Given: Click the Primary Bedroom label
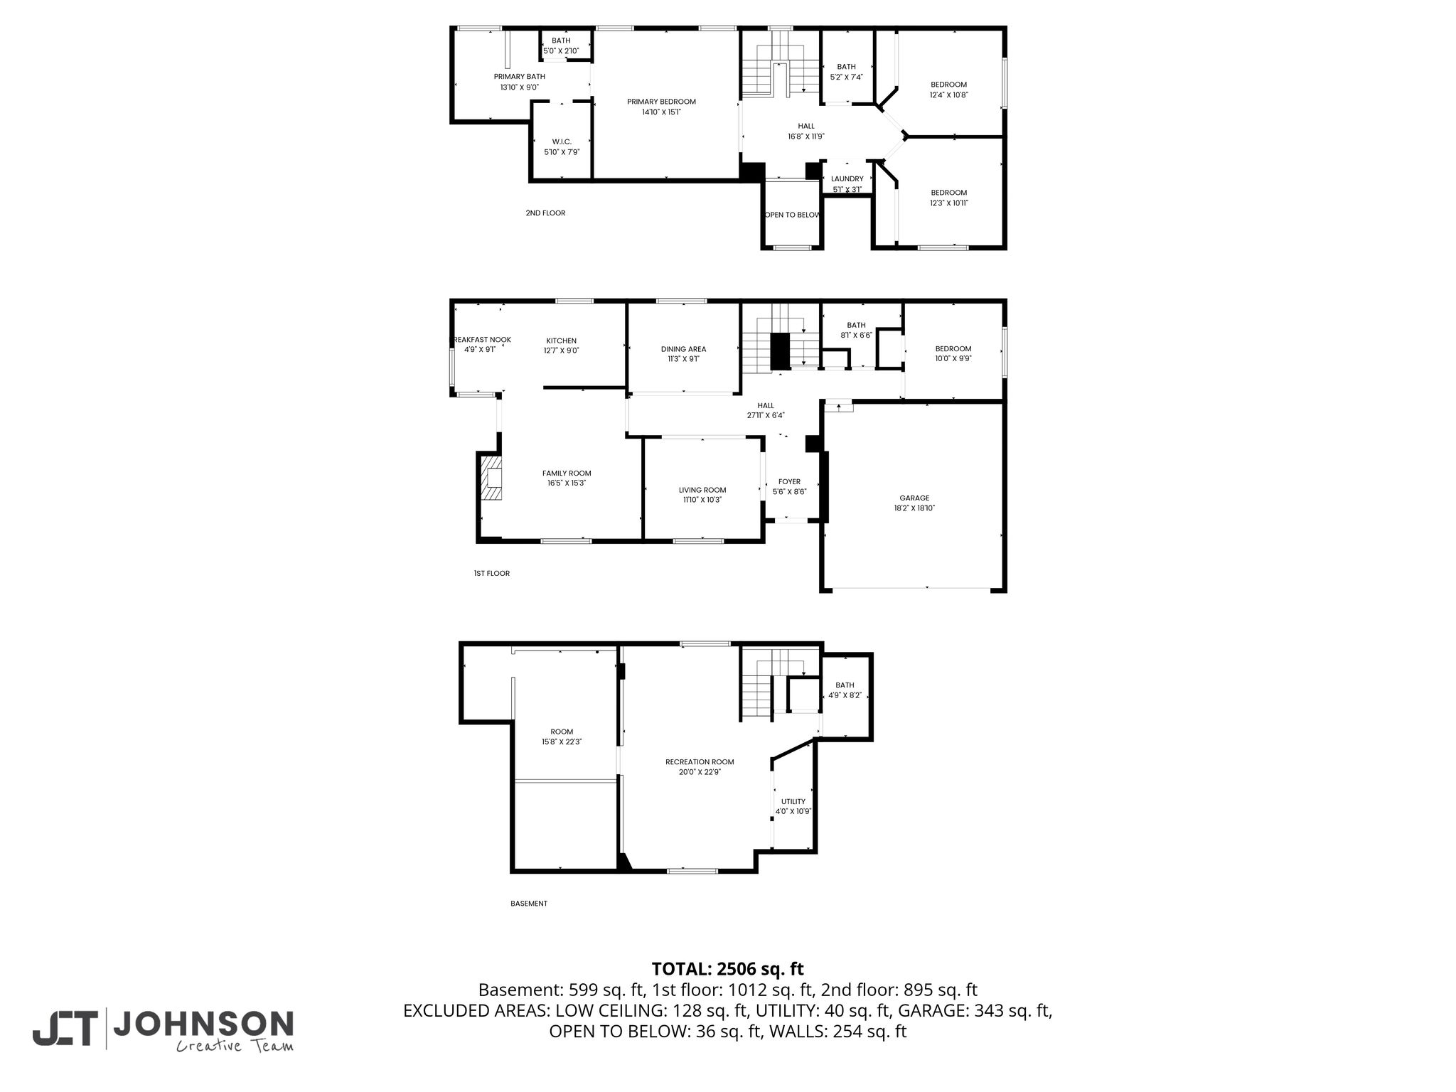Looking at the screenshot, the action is [661, 102].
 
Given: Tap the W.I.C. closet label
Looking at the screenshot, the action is [562, 142].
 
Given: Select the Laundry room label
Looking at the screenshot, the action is [847, 179].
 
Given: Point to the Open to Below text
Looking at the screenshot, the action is [792, 215].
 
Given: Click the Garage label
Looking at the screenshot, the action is [914, 498].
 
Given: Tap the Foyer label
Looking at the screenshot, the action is [789, 481].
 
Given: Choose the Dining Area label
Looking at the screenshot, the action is [683, 349].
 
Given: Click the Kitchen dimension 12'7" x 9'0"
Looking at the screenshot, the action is [562, 350].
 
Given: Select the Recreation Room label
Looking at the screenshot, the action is [700, 762].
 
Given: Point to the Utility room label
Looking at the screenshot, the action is [793, 801].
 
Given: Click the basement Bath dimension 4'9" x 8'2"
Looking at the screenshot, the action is [845, 695].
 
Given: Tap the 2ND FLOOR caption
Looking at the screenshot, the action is [545, 213].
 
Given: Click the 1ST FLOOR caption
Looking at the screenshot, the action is [492, 573].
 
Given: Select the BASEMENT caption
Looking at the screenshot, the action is [529, 904].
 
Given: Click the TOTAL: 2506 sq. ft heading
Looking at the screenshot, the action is [728, 969].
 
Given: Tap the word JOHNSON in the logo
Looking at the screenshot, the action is [203, 1024].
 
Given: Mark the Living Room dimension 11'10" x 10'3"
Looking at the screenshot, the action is [702, 500].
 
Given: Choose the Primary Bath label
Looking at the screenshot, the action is [520, 77].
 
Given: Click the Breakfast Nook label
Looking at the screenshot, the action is [482, 340].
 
